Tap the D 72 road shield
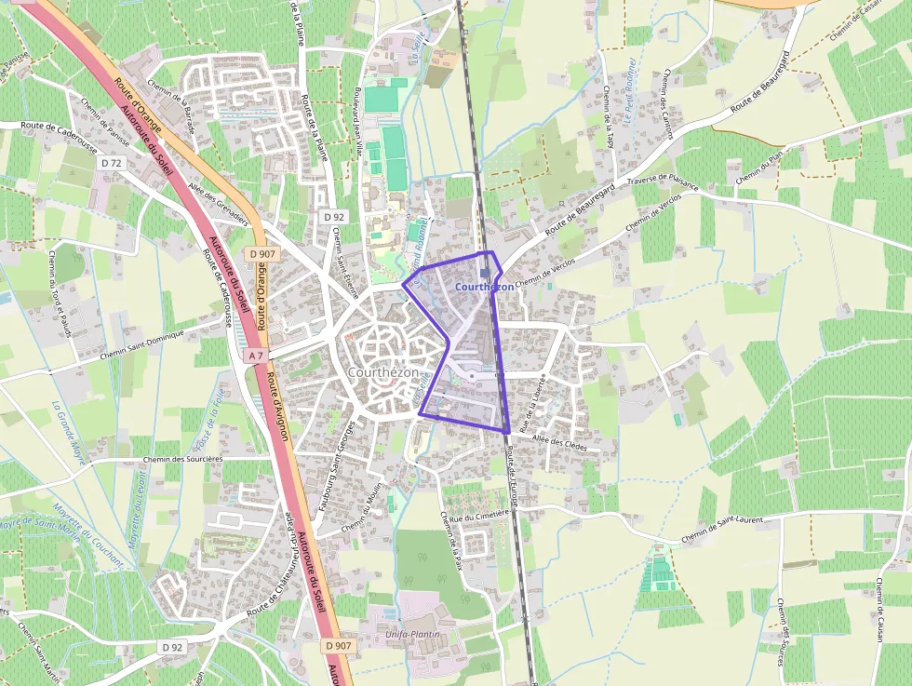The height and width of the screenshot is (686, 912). point(111,163)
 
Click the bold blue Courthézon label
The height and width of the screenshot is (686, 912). point(484,288)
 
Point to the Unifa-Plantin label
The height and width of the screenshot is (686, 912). point(410,635)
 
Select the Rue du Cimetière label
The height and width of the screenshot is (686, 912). point(480,514)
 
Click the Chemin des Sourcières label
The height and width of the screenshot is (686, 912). point(184,459)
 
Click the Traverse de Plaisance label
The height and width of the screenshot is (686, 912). point(663,182)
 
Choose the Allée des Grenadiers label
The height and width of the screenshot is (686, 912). point(219,207)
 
